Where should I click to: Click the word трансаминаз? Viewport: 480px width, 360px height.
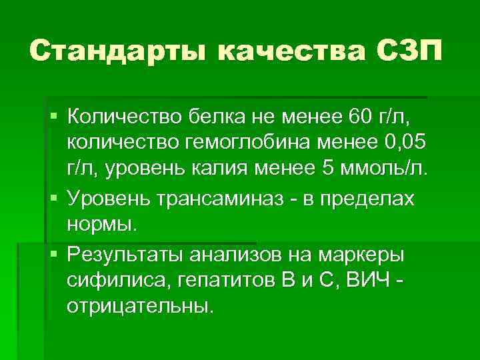pos(225,200)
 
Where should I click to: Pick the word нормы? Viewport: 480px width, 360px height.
pos(101,224)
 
